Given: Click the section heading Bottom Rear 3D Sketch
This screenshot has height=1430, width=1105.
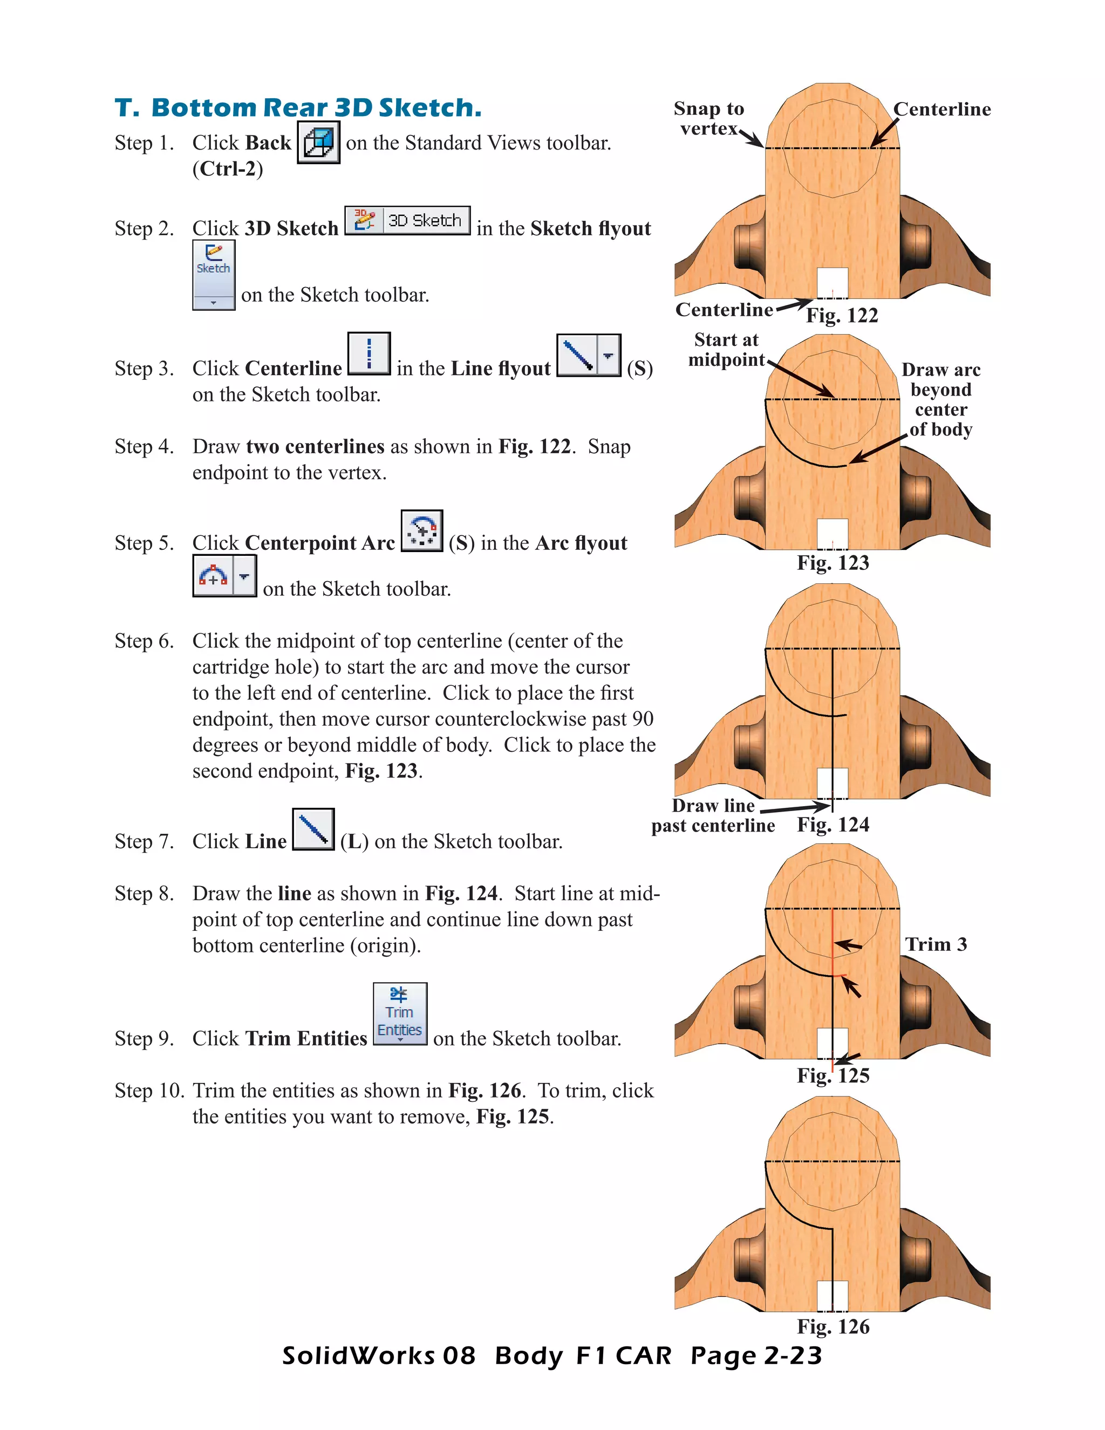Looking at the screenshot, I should point(298,107).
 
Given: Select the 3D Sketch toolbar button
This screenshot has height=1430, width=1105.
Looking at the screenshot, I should point(407,221).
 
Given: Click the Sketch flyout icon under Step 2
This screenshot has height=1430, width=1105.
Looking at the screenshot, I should point(214,274).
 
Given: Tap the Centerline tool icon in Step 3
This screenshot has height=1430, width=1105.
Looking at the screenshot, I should point(369,353).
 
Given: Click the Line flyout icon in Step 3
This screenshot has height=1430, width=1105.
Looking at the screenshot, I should point(588,356).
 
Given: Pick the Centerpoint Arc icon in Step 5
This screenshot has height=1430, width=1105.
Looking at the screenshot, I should point(421,531).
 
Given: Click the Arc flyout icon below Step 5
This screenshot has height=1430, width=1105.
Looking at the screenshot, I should point(224,576).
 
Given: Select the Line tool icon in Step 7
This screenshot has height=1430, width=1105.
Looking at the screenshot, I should point(313,829).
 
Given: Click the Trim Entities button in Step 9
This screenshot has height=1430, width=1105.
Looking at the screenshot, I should point(400,1013).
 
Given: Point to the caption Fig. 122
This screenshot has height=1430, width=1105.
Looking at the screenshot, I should point(842,316).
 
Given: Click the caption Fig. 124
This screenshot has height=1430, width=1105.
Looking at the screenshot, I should point(833,825).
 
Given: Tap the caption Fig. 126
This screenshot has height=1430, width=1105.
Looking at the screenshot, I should point(833,1326).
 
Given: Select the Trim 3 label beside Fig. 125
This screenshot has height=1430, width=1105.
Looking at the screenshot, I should point(936,944).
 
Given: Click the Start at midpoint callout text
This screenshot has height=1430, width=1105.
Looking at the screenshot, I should point(726,350).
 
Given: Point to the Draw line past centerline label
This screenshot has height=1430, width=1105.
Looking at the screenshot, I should point(713,815).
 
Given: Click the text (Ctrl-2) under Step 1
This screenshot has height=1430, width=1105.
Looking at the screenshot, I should point(227,169).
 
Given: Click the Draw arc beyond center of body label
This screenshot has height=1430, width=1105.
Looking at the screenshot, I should point(940,399).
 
